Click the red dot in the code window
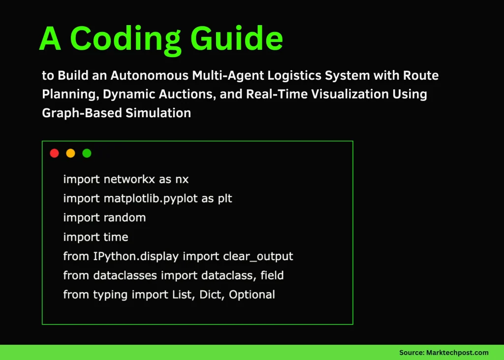[x=55, y=153]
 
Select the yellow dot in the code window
[x=70, y=153]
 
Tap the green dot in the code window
[x=87, y=153]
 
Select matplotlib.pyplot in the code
[x=153, y=198]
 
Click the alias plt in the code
[x=224, y=198]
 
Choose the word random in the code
[x=126, y=218]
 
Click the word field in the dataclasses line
[x=272, y=276]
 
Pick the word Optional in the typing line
[x=252, y=295]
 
